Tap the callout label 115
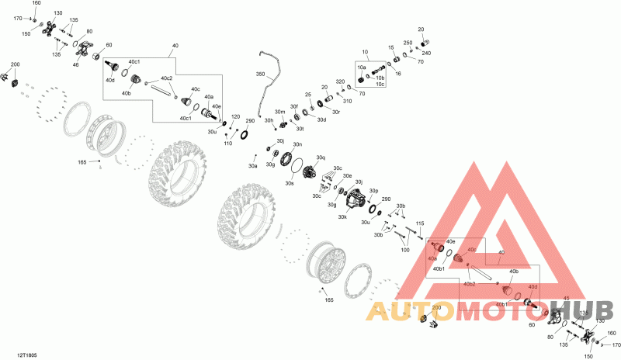tap(420, 223)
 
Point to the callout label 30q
tap(321, 157)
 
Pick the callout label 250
tap(408, 43)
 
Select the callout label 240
tap(425, 53)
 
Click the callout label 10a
tap(362, 68)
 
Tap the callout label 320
tap(339, 81)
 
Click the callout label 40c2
tap(166, 78)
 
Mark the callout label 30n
tap(297, 144)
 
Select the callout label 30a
tap(252, 166)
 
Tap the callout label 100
tap(404, 249)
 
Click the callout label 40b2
tap(470, 285)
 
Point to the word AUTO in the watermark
tap(411, 313)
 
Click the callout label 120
tap(235, 117)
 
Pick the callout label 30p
tap(373, 190)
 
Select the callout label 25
tap(308, 95)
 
